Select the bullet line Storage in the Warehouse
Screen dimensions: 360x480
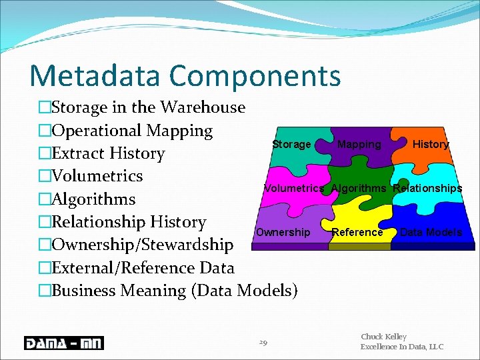coord(148,107)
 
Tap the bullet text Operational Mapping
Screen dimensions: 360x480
coord(132,131)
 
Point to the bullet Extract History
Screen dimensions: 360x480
coord(108,153)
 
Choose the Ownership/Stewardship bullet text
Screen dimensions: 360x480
coord(142,245)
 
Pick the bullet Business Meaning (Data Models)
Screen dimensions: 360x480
coord(174,291)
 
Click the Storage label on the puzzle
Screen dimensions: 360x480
coord(291,145)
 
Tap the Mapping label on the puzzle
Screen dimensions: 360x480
coord(359,145)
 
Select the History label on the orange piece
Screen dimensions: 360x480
coord(431,144)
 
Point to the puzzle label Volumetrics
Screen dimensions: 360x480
coord(294,188)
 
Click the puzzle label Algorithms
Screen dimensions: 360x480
coord(359,188)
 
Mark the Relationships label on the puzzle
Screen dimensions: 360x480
coord(427,188)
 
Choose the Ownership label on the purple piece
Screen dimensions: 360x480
coord(283,232)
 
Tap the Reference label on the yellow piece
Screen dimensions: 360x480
coord(357,232)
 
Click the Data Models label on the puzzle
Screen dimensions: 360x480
coord(431,232)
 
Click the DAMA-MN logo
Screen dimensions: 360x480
coord(63,343)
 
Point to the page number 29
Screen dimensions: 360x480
coord(263,343)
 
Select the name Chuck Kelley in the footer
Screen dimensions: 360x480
coord(383,337)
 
